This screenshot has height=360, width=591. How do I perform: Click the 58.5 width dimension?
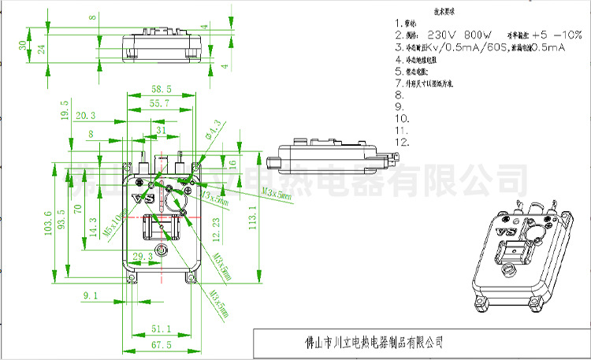[162, 90]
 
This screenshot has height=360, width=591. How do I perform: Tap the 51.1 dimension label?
[161, 328]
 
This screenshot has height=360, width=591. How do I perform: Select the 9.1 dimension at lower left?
[90, 296]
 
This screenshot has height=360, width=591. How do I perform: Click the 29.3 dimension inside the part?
[143, 256]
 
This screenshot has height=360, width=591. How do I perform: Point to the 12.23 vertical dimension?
[217, 228]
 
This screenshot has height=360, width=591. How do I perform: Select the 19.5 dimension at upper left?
[65, 109]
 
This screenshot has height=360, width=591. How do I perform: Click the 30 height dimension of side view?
[22, 44]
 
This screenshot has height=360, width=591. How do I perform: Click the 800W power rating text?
[477, 35]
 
